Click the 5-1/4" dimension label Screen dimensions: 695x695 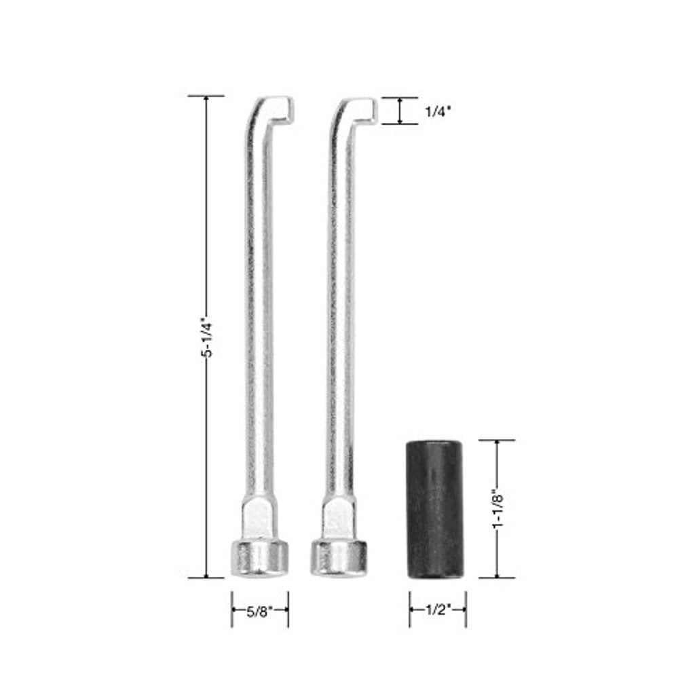207,337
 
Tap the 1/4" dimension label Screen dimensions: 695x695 438,112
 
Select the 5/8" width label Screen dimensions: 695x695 260,612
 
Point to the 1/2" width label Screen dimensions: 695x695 438,610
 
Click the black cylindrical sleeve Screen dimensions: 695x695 435,509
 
